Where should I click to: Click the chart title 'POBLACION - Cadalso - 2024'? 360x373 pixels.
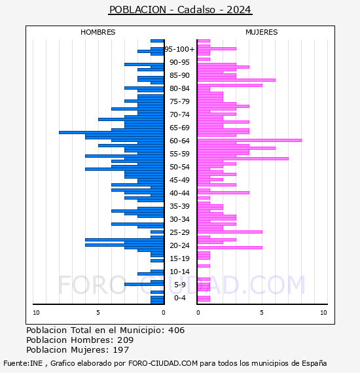pos(180,10)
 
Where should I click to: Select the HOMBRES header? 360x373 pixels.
pos(98,32)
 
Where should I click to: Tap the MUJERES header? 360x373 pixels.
pos(262,32)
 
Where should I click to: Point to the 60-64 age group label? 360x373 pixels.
pos(179,141)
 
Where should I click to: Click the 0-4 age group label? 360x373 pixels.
pos(180,298)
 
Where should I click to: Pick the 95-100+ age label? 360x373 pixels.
pos(179,49)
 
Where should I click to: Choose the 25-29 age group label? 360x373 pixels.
pos(179,232)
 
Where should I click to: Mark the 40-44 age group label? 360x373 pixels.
pos(179,193)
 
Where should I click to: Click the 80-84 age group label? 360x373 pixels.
pos(179,88)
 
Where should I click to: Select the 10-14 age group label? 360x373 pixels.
pos(179,272)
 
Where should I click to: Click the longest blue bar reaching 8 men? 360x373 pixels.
pos(111,132)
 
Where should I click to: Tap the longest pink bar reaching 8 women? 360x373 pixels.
pos(249,140)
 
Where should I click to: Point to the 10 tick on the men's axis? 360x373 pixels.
pos(36,313)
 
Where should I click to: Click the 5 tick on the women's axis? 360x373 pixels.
pos(262,313)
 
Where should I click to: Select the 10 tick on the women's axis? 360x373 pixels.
pos(323,313)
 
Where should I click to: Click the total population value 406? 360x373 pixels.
pos(176,330)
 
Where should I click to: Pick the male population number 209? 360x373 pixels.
pos(126,340)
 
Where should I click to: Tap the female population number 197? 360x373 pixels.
pos(121,350)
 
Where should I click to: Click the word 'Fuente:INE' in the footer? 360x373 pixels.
pos(23,363)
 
